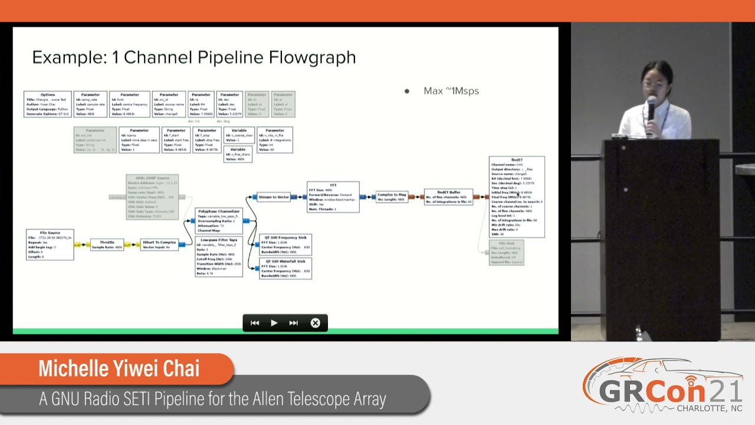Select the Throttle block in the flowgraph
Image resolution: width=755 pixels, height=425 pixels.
[107, 244]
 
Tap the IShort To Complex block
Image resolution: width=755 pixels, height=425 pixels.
[159, 244]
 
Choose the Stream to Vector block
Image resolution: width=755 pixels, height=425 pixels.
[274, 197]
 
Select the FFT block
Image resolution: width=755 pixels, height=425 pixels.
[333, 197]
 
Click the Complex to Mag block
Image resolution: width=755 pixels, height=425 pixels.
[392, 197]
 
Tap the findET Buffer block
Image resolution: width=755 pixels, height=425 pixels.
[448, 197]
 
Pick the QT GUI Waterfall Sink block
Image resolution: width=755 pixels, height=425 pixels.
[285, 268]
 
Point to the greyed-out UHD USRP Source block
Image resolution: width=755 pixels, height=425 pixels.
[152, 197]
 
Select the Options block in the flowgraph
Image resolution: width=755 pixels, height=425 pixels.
[48, 104]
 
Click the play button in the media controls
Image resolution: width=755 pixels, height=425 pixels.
[274, 323]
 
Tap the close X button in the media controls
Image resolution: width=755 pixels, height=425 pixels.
[315, 323]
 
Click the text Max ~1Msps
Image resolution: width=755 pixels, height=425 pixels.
[451, 91]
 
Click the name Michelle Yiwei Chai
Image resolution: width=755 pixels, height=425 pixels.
[119, 368]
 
